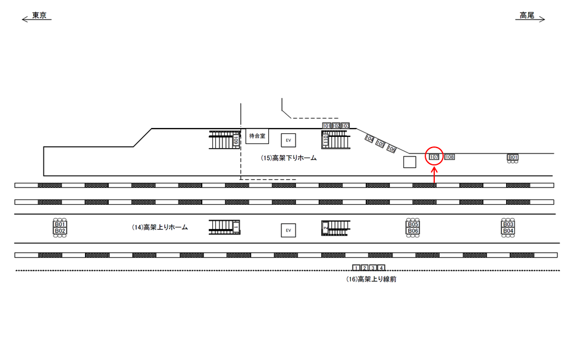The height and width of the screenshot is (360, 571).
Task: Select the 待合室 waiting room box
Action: pyautogui.click(x=258, y=136)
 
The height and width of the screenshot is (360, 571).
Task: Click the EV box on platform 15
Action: pyautogui.click(x=288, y=140)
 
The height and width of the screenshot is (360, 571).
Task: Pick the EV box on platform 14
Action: pyautogui.click(x=288, y=230)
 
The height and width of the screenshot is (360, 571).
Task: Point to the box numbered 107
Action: pyautogui.click(x=434, y=157)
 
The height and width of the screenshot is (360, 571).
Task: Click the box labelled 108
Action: pyautogui.click(x=450, y=157)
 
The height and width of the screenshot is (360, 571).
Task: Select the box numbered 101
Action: pyautogui.click(x=327, y=126)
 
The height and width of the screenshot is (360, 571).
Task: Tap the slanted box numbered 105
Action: pyautogui.click(x=381, y=144)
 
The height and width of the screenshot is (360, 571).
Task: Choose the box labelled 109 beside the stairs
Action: pyautogui.click(x=236, y=140)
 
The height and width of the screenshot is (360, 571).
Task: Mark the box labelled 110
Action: pyautogui.click(x=325, y=140)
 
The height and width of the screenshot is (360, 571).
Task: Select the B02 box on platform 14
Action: pyautogui.click(x=59, y=230)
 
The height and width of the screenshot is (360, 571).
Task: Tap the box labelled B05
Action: pyautogui.click(x=413, y=224)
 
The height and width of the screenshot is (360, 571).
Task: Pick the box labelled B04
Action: pyautogui.click(x=508, y=230)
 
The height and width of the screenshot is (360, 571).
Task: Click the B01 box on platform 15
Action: pyautogui.click(x=513, y=157)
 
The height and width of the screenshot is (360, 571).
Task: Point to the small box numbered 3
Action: pyautogui.click(x=373, y=268)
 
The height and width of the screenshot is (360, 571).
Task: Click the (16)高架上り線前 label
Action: pyautogui.click(x=371, y=278)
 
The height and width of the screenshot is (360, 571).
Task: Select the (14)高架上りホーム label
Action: pyautogui.click(x=159, y=227)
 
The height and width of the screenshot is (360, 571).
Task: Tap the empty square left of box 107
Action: pyautogui.click(x=409, y=162)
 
